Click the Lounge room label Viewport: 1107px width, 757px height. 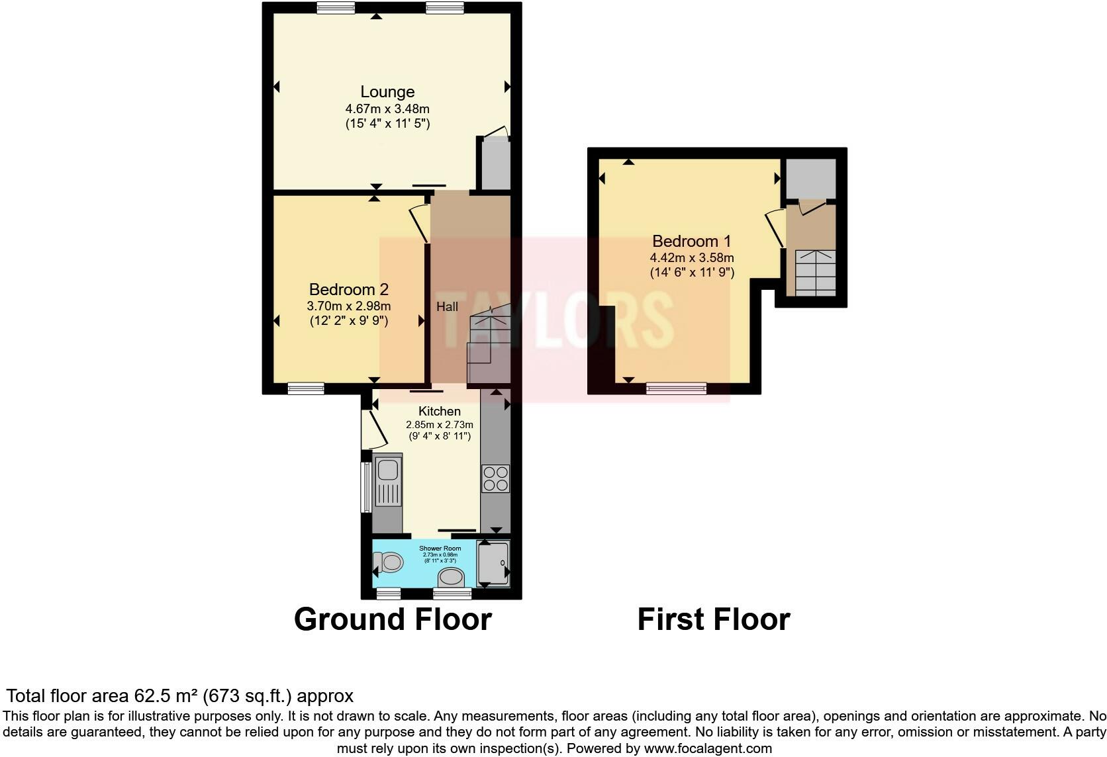click(x=387, y=92)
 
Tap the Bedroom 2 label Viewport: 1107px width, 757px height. click(x=348, y=289)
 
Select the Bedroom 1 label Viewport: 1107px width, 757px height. click(x=691, y=241)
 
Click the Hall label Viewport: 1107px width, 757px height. click(x=447, y=306)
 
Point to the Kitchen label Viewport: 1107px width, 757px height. click(x=439, y=411)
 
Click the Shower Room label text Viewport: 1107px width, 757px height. click(x=440, y=548)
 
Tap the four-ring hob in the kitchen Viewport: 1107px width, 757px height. click(x=495, y=479)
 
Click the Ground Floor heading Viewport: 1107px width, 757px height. click(x=393, y=619)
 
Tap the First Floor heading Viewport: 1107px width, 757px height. click(x=713, y=619)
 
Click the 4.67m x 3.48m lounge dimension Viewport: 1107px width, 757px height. click(x=387, y=109)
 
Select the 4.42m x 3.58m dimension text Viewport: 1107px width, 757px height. click(x=691, y=257)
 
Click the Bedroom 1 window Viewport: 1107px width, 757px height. click(x=676, y=388)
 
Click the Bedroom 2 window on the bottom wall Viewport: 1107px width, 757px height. click(x=306, y=388)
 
